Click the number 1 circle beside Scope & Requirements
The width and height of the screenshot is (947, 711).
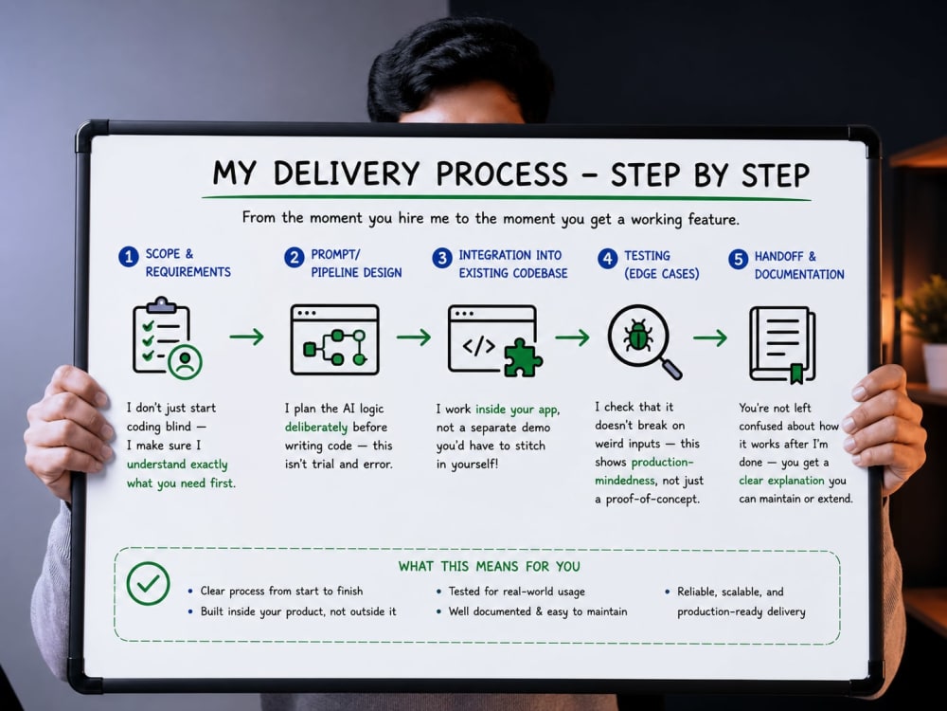click(129, 256)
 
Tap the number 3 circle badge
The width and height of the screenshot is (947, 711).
click(442, 258)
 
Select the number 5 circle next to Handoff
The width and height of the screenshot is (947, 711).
click(738, 260)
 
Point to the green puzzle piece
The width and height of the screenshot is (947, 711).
click(523, 357)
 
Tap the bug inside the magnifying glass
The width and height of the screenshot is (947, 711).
click(638, 336)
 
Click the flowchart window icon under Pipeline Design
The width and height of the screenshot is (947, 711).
click(335, 339)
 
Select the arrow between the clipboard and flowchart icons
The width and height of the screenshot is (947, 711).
click(246, 337)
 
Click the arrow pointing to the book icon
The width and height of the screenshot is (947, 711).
click(710, 337)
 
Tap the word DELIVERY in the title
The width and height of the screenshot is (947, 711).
click(346, 173)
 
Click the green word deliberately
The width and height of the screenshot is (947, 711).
click(316, 428)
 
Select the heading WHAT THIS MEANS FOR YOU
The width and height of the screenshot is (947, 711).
click(490, 567)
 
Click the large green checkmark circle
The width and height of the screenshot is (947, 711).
click(148, 583)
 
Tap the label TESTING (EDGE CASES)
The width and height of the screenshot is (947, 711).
click(661, 264)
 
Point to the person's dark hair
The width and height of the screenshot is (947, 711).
click(460, 67)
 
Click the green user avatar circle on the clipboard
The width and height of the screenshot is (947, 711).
click(186, 362)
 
